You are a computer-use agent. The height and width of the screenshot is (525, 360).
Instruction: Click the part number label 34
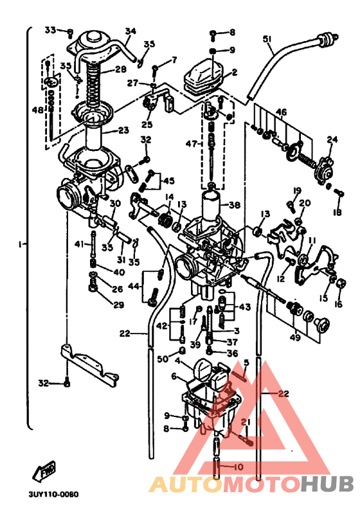(130, 31)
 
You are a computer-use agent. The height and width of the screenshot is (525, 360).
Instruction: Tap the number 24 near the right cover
(332, 139)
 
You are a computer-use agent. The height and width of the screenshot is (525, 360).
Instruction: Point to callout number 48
(37, 110)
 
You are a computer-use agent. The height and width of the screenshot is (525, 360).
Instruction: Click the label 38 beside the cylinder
(234, 206)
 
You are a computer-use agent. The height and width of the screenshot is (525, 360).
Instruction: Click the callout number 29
(118, 305)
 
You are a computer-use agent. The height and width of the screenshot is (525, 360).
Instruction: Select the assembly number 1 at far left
(21, 244)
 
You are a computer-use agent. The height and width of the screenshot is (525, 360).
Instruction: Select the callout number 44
(134, 285)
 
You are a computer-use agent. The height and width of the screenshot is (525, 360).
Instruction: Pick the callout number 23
(123, 130)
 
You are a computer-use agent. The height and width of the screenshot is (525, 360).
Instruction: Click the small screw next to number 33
(70, 32)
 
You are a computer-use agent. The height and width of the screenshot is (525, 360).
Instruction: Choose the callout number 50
(163, 358)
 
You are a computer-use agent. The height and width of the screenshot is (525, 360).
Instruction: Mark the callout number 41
(78, 244)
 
